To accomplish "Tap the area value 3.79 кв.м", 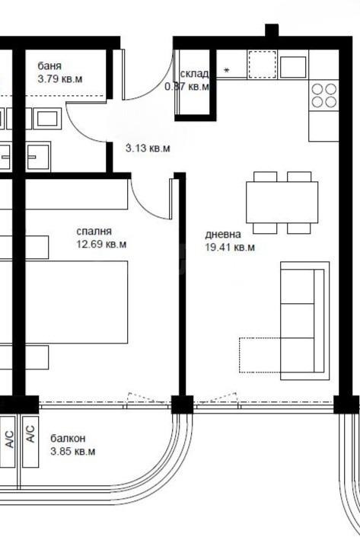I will [59, 78].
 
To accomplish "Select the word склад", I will [194, 74].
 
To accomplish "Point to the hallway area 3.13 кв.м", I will [147, 149].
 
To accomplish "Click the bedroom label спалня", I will [94, 232].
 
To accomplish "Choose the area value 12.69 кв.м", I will [101, 245].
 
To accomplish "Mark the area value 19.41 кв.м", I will [229, 247].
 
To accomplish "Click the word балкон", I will [68, 439].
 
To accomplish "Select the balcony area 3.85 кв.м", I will [72, 452].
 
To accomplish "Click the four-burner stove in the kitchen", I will [323, 95].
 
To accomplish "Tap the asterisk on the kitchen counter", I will [226, 72].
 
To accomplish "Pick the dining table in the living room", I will [282, 202].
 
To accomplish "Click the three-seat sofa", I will [304, 320].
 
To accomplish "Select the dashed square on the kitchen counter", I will [261, 65].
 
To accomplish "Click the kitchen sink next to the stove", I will [292, 66].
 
